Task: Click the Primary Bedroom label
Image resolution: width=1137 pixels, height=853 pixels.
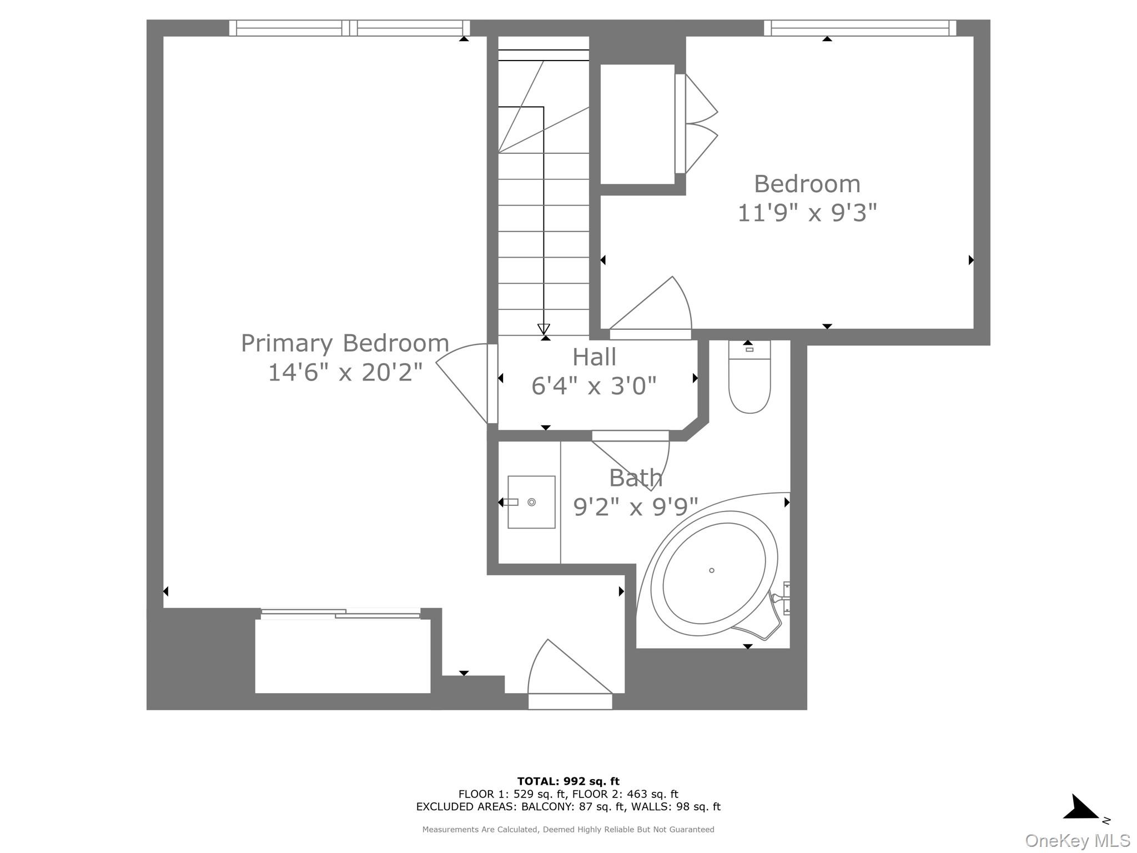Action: click(345, 343)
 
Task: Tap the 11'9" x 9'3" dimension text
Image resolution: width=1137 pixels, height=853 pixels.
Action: click(807, 213)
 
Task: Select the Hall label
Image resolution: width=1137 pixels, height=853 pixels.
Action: click(594, 357)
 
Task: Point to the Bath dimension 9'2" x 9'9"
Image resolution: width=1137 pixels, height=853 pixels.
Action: click(635, 506)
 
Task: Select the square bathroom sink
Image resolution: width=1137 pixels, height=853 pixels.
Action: click(531, 502)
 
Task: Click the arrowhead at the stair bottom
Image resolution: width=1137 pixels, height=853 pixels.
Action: click(544, 329)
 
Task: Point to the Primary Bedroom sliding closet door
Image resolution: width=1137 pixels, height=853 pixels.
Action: click(340, 614)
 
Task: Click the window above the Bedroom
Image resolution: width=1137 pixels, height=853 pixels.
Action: click(859, 28)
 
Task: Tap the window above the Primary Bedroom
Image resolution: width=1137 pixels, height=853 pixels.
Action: click(349, 28)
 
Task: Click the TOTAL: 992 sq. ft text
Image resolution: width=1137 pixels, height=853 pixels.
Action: click(568, 781)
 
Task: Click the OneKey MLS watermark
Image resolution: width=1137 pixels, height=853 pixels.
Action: click(1077, 841)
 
